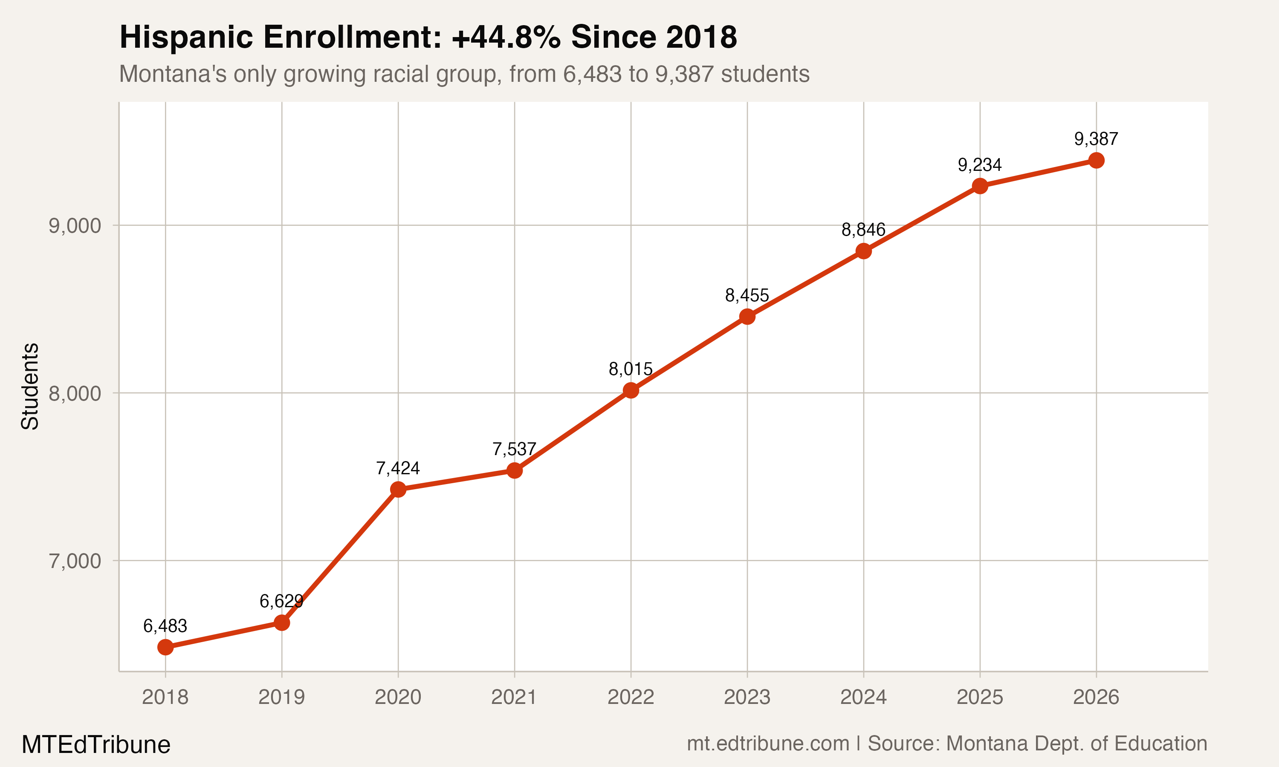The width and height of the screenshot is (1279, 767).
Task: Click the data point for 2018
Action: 165,647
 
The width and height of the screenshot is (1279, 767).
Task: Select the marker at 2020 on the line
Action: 398,490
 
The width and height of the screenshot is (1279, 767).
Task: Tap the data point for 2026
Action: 1096,160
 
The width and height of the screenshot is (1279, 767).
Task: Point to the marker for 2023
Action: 747,317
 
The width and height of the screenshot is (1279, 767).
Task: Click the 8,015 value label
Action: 630,369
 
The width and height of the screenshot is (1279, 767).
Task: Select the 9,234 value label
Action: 979,165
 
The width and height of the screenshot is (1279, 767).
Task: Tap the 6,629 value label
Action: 281,601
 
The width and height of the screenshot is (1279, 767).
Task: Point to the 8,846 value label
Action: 863,230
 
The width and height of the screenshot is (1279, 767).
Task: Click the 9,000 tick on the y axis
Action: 75,226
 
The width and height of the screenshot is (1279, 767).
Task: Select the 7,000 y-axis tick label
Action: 75,561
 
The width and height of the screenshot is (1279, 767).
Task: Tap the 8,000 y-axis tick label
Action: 75,393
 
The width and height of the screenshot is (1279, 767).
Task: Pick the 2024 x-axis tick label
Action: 863,697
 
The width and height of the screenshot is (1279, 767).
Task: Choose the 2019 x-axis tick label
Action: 281,697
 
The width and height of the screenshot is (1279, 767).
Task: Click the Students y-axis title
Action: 30,386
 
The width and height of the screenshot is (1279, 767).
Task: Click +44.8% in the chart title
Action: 506,37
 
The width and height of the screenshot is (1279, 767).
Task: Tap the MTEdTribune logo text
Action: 95,745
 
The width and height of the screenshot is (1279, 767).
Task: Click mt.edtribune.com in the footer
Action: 768,744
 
